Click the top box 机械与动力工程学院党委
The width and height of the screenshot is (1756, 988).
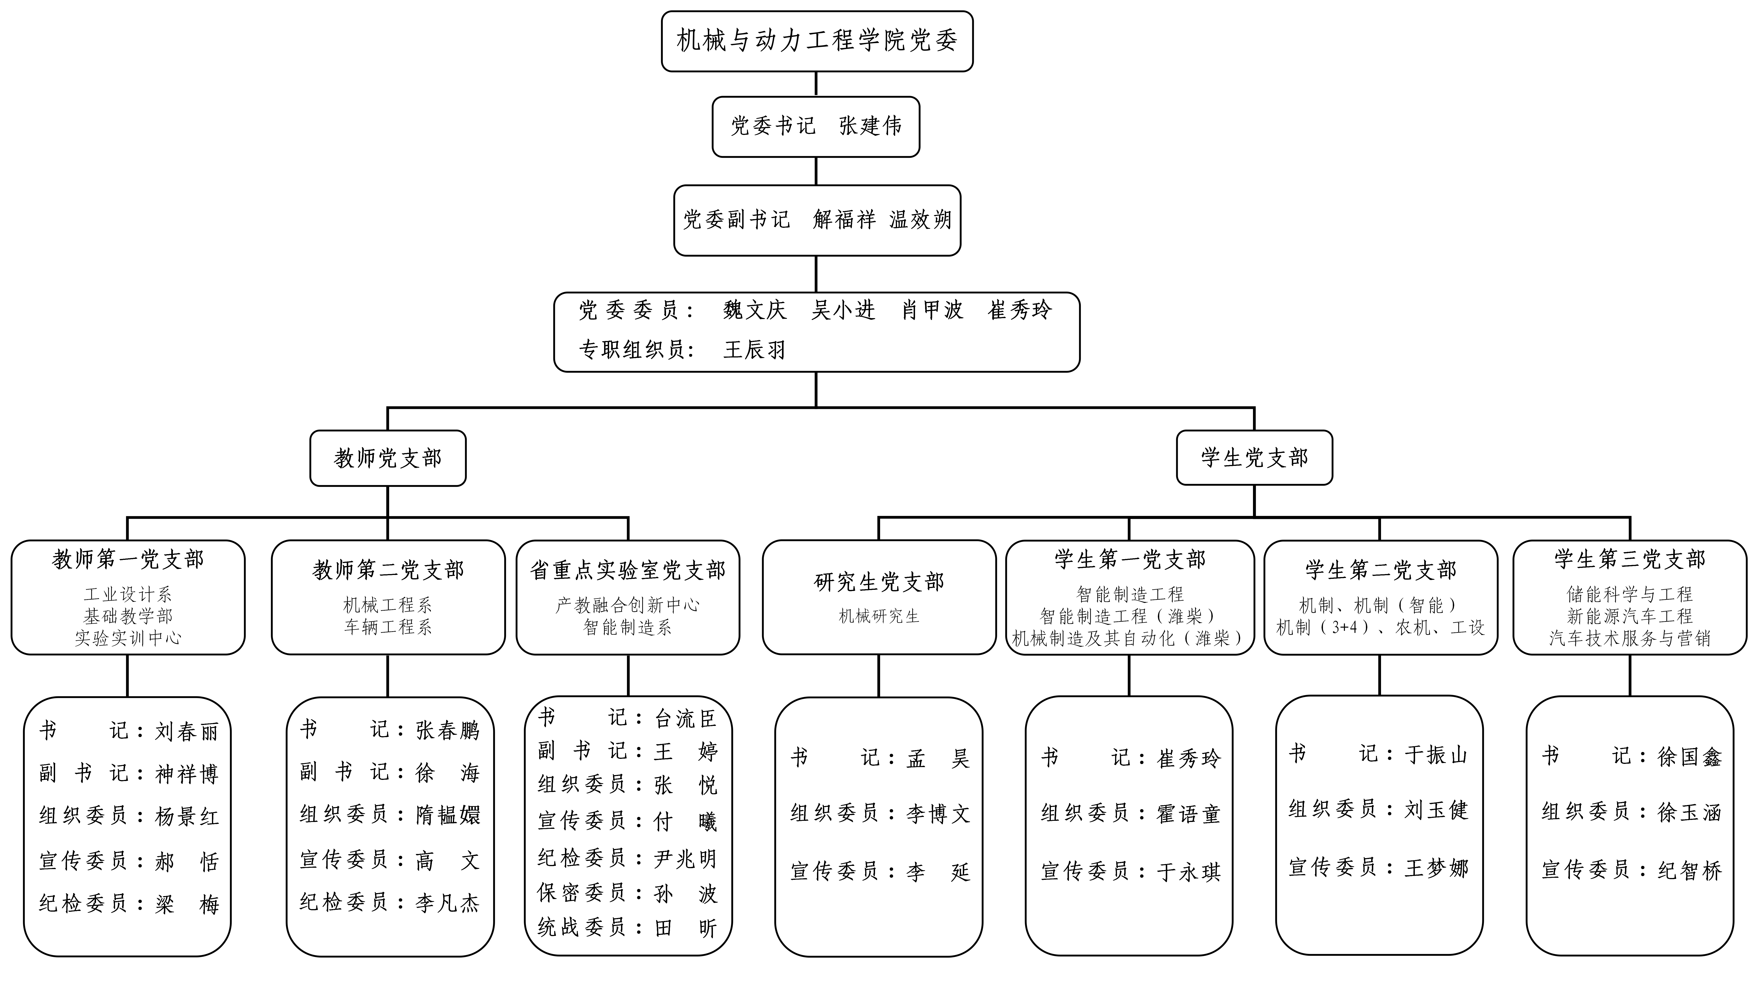(817, 41)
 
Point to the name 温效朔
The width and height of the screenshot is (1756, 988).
(920, 220)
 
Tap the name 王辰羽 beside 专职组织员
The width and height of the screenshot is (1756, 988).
(755, 350)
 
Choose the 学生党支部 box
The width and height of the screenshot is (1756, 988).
(1254, 457)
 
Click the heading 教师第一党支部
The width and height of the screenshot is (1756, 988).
(128, 560)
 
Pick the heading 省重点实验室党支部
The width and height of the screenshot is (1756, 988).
(628, 570)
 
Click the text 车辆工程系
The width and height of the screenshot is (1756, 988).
(388, 627)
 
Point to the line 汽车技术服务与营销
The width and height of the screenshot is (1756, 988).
(1630, 638)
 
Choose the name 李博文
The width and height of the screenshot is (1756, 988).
(938, 813)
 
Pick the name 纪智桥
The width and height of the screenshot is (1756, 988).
(1690, 870)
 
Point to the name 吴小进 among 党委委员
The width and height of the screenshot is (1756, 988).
(843, 310)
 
